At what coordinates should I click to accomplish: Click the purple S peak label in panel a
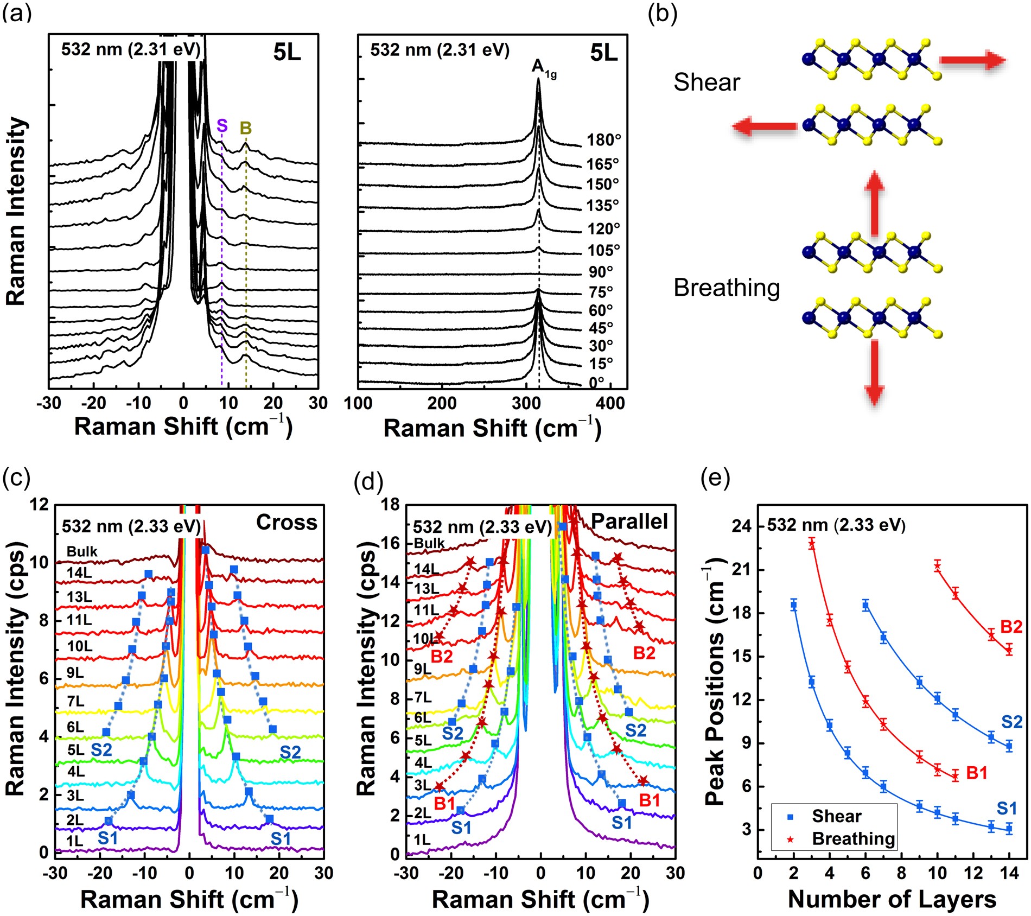pyautogui.click(x=222, y=126)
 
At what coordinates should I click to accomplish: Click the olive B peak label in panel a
pyautogui.click(x=245, y=128)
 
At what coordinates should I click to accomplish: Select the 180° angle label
pyautogui.click(x=603, y=140)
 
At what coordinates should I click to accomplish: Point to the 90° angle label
pyautogui.click(x=601, y=272)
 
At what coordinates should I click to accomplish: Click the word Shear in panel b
pyautogui.click(x=707, y=82)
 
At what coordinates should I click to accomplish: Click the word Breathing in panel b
pyautogui.click(x=726, y=288)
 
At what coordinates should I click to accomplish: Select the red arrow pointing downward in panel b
pyautogui.click(x=874, y=373)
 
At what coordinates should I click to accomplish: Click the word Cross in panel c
pyautogui.click(x=287, y=522)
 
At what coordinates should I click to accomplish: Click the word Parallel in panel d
pyautogui.click(x=629, y=521)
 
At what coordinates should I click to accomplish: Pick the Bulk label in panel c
pyautogui.click(x=82, y=551)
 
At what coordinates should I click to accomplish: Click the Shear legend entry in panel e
pyautogui.click(x=836, y=816)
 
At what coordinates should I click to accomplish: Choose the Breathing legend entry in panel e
pyautogui.click(x=852, y=838)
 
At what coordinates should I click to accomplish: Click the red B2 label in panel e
pyautogui.click(x=1011, y=627)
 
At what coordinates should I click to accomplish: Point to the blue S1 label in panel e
pyautogui.click(x=1007, y=809)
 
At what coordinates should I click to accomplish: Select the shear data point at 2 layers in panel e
pyautogui.click(x=794, y=606)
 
